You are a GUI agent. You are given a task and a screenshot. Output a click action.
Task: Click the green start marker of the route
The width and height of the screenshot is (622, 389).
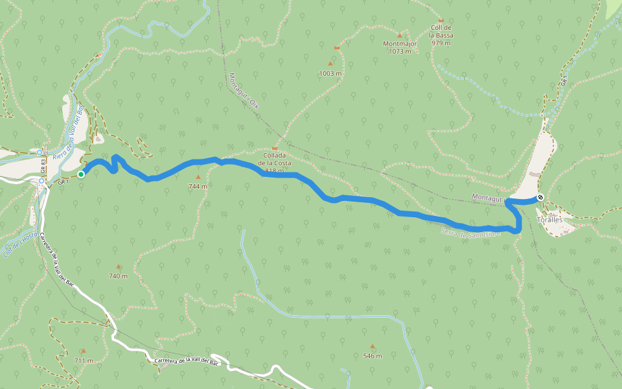81,174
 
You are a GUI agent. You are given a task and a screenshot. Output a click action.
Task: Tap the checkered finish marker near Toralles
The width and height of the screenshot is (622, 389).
540,197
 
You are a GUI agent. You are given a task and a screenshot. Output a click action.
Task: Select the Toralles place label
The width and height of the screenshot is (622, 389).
549,220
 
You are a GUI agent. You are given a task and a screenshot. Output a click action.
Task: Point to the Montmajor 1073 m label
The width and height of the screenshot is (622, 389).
399,47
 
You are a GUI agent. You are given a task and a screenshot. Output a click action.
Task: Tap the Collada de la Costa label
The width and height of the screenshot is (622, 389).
274,163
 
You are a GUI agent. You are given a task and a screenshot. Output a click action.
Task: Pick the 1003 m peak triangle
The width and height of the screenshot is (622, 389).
330,64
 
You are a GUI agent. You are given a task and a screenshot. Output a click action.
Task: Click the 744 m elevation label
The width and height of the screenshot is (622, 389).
198,186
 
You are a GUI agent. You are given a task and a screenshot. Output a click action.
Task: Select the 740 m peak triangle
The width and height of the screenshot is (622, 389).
119,266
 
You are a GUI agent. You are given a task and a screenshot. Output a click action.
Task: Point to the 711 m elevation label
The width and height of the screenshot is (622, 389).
84,360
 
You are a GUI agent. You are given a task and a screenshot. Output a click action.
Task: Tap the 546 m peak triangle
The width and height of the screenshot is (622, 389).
372,346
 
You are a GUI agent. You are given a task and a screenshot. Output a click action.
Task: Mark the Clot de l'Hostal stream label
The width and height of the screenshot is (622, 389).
20,245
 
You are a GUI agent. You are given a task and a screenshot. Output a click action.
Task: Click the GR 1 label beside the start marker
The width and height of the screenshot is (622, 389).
63,182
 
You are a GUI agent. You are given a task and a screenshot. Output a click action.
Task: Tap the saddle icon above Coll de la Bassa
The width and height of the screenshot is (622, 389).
441,21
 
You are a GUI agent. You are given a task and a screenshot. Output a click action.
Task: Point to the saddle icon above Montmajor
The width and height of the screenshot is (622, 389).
399,35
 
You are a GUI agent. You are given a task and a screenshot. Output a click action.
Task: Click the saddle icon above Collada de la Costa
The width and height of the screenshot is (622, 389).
274,148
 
